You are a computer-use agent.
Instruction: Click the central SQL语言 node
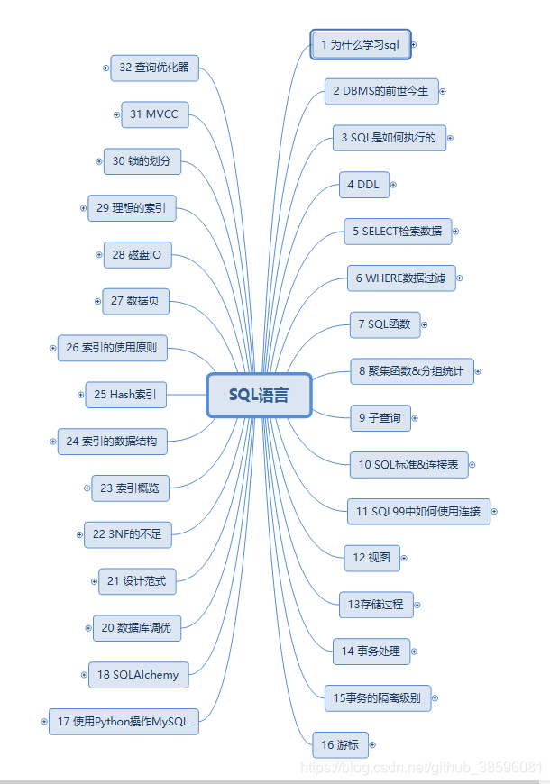(259, 396)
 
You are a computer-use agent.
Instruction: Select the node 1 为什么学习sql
(360, 45)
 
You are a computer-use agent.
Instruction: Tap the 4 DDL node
(363, 185)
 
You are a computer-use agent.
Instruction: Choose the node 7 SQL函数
(384, 324)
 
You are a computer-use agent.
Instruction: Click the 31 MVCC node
(154, 114)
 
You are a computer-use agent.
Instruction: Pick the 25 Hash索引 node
(125, 394)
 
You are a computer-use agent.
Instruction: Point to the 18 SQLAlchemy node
(138, 674)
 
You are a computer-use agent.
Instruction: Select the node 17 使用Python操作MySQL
(124, 721)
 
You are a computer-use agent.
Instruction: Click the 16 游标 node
(340, 745)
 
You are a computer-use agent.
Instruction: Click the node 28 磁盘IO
(137, 255)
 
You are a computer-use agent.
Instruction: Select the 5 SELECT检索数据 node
(398, 232)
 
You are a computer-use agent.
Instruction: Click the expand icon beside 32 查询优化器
(105, 68)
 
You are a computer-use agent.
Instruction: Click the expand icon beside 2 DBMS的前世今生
(443, 91)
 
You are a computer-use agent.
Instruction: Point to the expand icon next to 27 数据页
(97, 301)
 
